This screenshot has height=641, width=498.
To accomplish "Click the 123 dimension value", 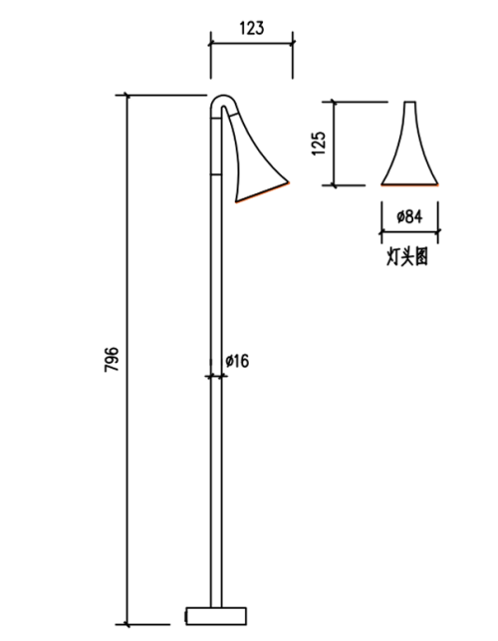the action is click(252, 28).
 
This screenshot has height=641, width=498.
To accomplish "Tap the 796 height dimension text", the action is click(112, 359).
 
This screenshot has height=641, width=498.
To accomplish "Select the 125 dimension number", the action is click(319, 143).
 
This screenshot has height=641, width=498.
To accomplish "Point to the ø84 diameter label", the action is click(409, 216).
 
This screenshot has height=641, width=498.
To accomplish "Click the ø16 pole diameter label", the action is click(237, 361).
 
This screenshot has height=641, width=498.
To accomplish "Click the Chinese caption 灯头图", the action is click(407, 257).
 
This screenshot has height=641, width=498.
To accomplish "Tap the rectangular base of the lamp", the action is click(216, 616).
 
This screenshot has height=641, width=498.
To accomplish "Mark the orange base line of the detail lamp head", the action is click(409, 185).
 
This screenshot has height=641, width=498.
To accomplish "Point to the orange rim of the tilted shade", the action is click(262, 192).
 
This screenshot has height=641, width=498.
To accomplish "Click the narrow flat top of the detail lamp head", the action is click(410, 102).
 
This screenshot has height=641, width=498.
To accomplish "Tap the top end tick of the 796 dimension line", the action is click(127, 96).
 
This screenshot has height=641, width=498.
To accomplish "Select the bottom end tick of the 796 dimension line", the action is click(127, 625).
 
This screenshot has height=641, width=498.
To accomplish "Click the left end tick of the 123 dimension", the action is click(211, 43).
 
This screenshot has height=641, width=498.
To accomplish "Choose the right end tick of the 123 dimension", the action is click(293, 43).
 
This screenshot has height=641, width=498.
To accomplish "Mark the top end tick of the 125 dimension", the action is click(335, 102).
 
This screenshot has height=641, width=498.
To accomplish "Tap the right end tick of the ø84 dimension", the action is click(438, 232).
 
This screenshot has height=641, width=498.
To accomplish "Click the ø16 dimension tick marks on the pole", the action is click(216, 376).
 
